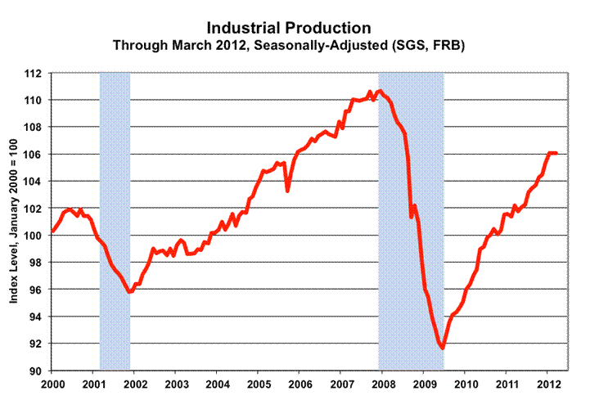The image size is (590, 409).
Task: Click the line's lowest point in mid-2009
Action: point(443,348)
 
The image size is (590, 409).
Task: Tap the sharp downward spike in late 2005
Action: point(287,191)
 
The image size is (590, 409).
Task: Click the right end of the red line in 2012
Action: point(556,153)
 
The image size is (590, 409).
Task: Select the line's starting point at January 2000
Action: point(52,231)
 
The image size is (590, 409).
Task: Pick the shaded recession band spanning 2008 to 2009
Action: point(411,245)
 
